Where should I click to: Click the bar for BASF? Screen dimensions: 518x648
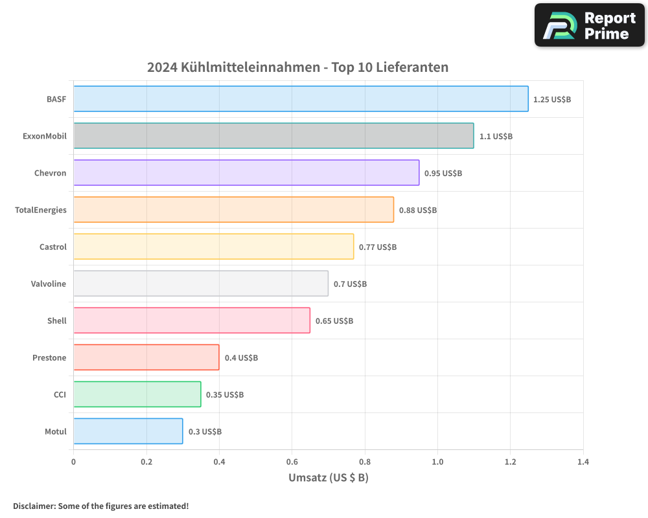(x=301, y=99)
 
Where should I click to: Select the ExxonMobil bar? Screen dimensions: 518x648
(x=273, y=136)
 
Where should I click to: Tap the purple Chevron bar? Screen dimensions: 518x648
(x=246, y=173)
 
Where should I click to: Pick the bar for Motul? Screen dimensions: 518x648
(x=128, y=431)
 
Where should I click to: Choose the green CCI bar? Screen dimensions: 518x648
(x=137, y=394)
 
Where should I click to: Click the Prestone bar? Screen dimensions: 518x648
(x=146, y=357)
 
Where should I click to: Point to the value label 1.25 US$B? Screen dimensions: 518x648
(x=551, y=100)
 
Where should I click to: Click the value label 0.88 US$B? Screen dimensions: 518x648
(x=417, y=210)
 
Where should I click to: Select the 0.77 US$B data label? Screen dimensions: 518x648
(x=377, y=247)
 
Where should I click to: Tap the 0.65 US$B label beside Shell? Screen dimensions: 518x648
(x=334, y=321)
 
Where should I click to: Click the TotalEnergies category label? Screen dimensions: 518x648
(x=41, y=210)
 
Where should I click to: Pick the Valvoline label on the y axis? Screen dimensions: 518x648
(x=49, y=284)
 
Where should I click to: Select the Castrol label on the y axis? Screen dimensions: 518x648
(x=53, y=247)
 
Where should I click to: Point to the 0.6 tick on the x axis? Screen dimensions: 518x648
(x=292, y=462)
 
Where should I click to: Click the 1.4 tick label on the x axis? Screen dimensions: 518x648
(x=583, y=462)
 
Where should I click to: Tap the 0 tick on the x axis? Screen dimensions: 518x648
(x=73, y=462)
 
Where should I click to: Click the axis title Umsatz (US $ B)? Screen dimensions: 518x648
(x=328, y=478)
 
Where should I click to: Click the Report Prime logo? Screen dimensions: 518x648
(x=590, y=25)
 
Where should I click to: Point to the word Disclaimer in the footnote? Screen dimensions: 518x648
(x=34, y=506)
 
